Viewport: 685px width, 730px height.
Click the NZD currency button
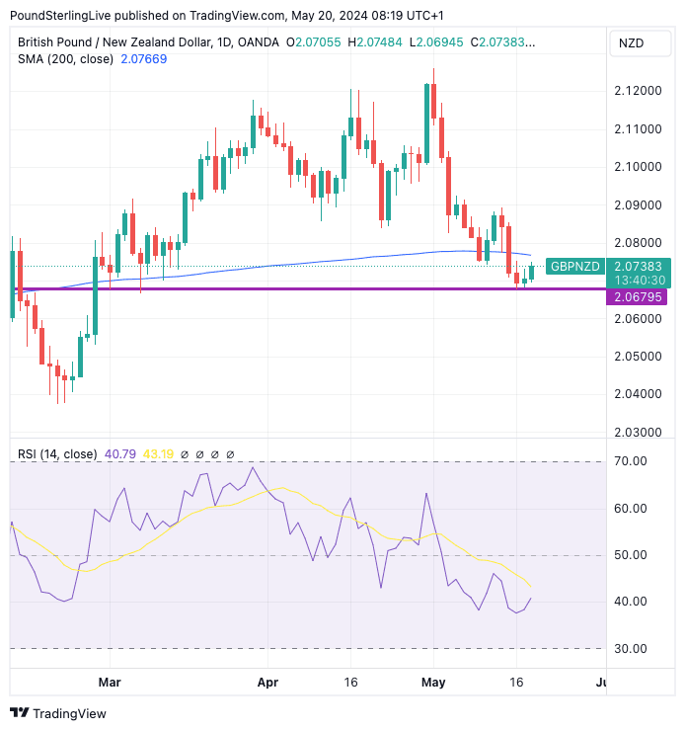coord(633,43)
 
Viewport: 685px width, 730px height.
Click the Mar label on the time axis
coord(110,682)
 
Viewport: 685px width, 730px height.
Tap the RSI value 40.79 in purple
coord(120,454)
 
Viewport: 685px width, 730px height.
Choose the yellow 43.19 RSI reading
coord(160,454)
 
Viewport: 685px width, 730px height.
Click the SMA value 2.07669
coord(143,59)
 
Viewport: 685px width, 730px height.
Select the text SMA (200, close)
coord(65,59)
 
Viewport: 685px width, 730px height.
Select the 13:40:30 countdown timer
coord(638,280)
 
